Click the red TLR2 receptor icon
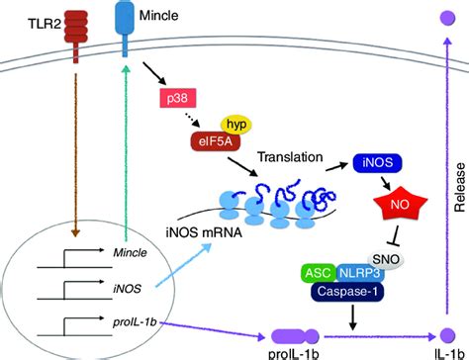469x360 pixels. click(x=76, y=29)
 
